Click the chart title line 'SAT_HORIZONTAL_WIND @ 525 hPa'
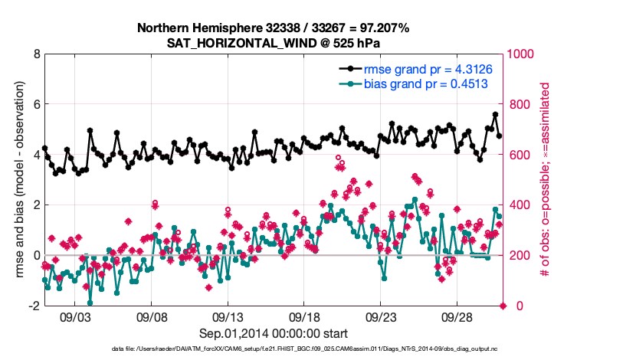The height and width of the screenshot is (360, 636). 274,42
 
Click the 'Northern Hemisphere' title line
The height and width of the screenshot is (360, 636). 274,28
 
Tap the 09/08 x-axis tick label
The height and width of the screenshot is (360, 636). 152,316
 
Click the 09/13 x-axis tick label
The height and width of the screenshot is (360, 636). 228,316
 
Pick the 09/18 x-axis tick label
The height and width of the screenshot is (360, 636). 305,316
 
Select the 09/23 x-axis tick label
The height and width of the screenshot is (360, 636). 381,316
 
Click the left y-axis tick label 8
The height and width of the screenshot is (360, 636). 36,54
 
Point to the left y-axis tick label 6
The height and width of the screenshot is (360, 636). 36,104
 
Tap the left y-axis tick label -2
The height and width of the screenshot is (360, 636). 34,306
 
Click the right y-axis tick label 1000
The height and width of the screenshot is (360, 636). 523,54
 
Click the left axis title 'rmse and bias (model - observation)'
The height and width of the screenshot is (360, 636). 16,180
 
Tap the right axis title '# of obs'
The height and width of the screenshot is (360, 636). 546,180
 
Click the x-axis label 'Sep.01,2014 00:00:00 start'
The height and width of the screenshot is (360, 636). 274,333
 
